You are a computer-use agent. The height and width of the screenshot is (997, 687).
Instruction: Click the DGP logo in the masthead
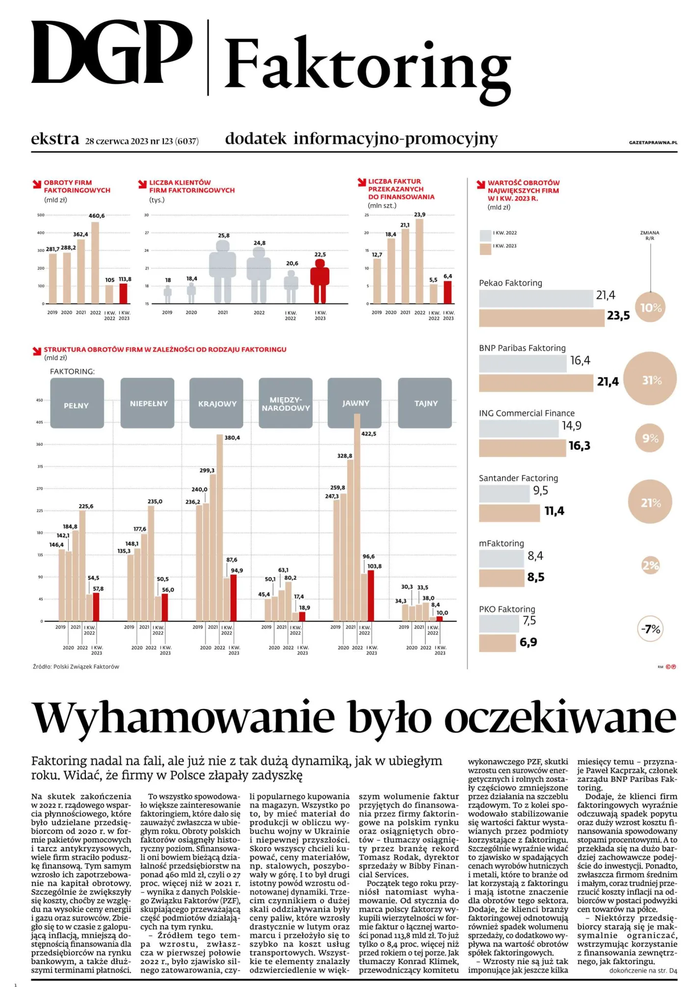pos(111,53)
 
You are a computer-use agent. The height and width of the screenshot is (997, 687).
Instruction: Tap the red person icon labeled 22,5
pos(319,281)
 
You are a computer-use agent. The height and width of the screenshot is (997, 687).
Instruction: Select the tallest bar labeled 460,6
pos(95,262)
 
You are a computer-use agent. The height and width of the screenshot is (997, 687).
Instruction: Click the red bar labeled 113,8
pos(124,293)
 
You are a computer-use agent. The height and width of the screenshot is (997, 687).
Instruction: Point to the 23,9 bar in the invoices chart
pos(420,261)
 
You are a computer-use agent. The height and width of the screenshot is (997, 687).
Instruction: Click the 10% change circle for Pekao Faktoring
pos(651,308)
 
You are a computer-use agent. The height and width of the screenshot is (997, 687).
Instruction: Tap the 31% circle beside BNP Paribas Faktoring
pos(651,380)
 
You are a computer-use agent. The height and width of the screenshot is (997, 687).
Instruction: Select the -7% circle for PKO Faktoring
pos(651,629)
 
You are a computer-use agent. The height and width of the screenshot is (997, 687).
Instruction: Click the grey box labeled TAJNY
pos(425,403)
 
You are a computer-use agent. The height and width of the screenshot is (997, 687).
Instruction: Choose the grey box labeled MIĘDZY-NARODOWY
pos(286,403)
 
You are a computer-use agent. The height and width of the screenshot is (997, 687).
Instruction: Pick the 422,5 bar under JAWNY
pos(357,518)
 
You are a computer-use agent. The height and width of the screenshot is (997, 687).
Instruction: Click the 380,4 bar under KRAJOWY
pos(219,527)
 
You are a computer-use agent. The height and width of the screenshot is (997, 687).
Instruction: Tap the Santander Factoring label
pos(518,478)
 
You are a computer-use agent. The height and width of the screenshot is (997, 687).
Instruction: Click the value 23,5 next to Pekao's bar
pos(618,315)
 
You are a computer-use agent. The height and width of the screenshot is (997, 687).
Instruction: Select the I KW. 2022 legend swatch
pos(485,235)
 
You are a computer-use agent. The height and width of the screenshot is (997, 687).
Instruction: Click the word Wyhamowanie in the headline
pos(184,718)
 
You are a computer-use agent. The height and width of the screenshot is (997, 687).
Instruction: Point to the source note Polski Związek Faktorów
pos(76,667)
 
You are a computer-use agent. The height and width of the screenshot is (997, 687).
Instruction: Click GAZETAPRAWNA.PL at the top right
pos(653,143)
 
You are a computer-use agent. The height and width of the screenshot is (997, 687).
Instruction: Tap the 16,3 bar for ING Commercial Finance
pos(522,447)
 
